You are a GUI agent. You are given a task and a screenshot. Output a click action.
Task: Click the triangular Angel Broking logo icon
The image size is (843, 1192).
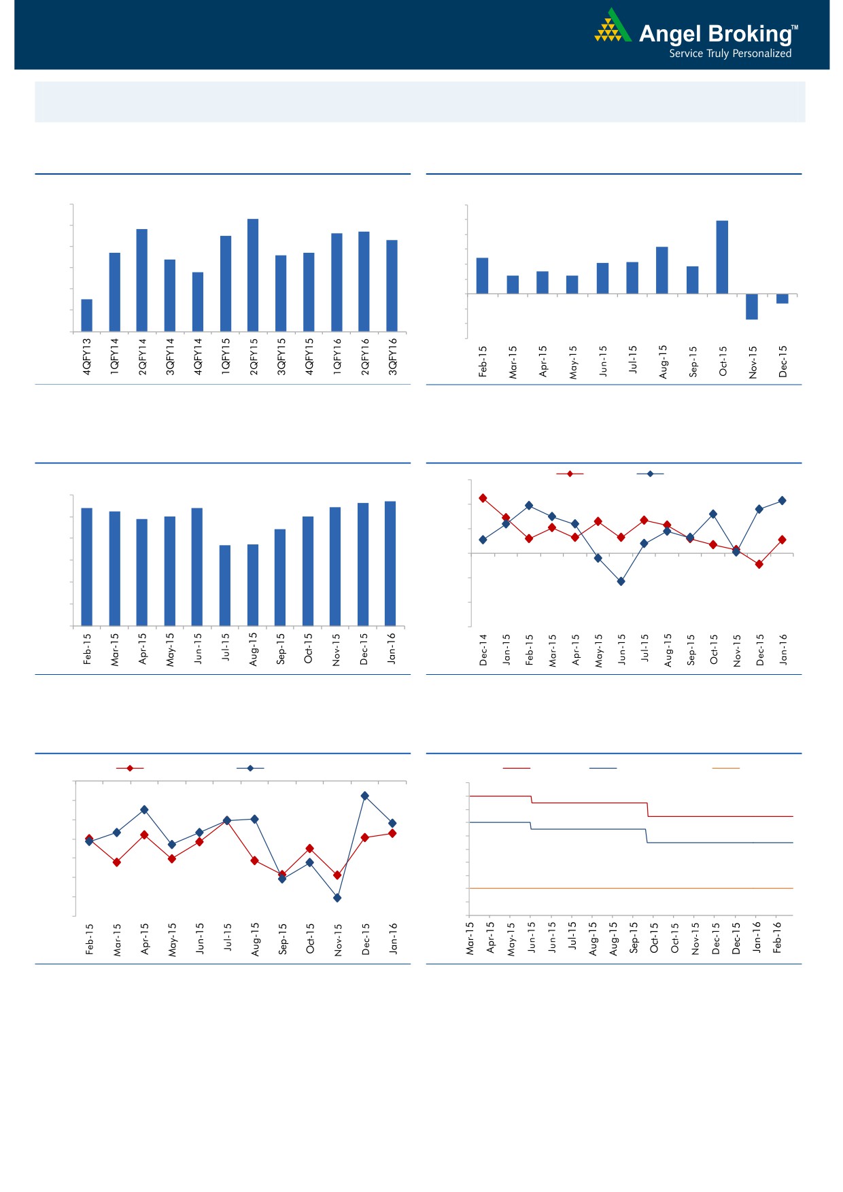pos(612,27)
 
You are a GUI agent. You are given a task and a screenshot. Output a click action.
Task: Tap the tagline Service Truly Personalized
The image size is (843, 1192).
pos(730,54)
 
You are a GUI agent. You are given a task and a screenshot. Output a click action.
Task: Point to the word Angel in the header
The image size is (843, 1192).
pos(664,34)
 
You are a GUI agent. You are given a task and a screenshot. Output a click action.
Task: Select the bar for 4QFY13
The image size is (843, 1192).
pos(87,315)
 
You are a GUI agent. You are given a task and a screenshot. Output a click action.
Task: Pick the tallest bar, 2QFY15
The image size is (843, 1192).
pos(253,275)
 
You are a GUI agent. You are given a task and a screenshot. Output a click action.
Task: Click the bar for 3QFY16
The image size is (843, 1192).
pos(392,285)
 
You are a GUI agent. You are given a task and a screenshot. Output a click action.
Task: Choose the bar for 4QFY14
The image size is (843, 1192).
pos(198,302)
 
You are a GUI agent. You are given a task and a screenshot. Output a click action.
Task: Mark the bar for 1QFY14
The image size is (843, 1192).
pos(115,292)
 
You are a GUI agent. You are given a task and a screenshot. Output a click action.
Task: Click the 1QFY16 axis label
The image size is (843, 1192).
pos(337,357)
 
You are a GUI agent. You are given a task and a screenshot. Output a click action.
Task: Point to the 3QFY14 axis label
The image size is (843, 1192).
pos(171,357)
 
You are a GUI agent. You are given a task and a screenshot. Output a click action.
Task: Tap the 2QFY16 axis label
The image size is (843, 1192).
pos(365,357)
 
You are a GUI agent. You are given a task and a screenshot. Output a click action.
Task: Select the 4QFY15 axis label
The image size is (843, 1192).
pos(309,357)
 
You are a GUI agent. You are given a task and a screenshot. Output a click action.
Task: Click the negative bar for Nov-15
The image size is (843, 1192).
pos(752,306)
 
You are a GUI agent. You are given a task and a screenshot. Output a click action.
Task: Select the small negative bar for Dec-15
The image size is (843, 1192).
pos(782,298)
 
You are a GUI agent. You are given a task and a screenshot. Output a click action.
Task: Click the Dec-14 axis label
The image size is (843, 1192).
pos(483,650)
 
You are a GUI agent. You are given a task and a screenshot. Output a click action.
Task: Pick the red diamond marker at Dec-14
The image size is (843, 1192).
pos(483,498)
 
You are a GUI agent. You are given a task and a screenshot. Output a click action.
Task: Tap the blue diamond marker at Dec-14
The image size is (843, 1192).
pos(483,540)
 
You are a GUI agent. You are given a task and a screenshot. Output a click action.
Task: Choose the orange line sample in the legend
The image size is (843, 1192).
pos(725,768)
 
